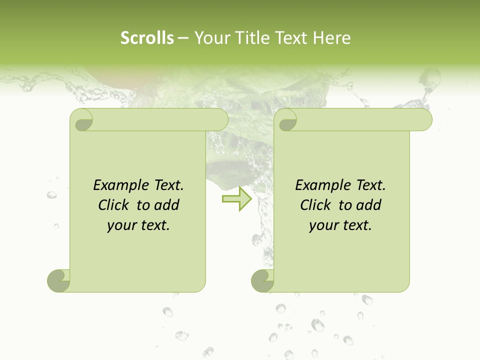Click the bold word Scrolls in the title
click(x=147, y=38)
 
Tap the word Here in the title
click(x=332, y=38)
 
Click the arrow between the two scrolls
click(x=237, y=199)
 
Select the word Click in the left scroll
click(x=109, y=205)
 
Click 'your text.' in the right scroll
click(x=340, y=225)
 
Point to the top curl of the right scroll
click(x=287, y=120)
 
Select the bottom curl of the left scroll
click(x=58, y=281)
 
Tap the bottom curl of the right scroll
click(x=262, y=281)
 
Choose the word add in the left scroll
click(x=166, y=205)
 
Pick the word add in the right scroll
click(x=369, y=205)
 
